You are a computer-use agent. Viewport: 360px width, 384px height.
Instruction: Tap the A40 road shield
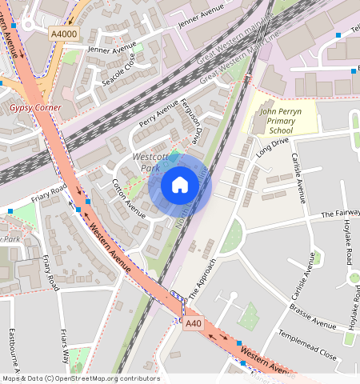click(193, 324)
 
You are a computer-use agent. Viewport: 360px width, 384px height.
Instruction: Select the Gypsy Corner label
click(35, 107)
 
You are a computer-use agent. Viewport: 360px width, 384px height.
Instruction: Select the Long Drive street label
click(272, 148)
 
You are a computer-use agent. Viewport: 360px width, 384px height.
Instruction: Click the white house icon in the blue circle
click(180, 186)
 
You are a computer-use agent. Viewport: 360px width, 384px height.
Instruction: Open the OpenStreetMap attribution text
click(80, 378)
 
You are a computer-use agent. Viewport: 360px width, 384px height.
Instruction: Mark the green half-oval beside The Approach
click(233, 235)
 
